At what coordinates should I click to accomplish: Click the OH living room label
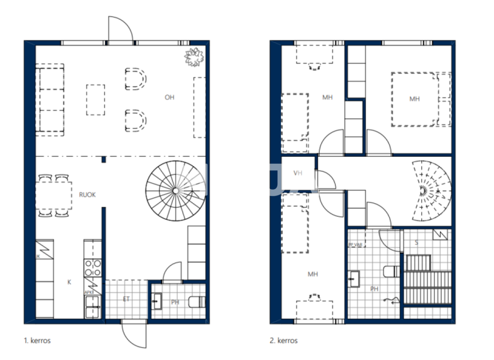point(169,98)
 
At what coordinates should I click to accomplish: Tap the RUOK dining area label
point(87,195)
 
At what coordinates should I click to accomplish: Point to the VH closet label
point(298,173)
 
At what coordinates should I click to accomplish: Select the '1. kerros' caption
point(37,340)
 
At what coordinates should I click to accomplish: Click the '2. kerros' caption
point(284,340)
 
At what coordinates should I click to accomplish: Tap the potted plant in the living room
point(194,57)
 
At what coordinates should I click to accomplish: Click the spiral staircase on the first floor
point(174,190)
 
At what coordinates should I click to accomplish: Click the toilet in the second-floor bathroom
point(390,270)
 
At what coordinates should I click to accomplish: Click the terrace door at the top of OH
point(120,29)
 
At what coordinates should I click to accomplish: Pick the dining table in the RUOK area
point(53,195)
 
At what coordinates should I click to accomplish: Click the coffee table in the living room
point(95,99)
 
